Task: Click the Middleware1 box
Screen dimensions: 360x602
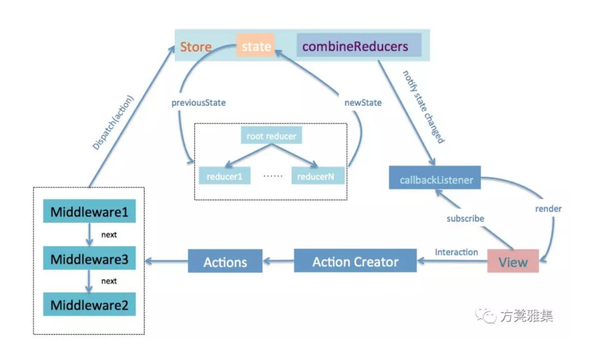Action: coord(89,212)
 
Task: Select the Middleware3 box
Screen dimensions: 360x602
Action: coord(89,258)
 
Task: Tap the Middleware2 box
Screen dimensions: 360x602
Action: coord(89,304)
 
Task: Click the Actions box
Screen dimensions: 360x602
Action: coord(225,262)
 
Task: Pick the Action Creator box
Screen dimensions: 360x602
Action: coord(355,261)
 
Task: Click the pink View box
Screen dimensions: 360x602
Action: coord(513,262)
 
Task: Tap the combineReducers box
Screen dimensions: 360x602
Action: coord(359,46)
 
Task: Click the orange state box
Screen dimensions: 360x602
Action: coord(255,46)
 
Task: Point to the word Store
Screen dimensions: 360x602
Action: coord(196,47)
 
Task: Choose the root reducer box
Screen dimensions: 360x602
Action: coord(271,135)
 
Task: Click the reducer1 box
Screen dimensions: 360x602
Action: coord(225,176)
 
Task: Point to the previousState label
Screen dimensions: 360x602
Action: coord(199,103)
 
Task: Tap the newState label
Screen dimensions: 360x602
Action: coord(363,103)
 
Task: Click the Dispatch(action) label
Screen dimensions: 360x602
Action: coord(113,122)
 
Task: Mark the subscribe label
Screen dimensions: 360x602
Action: coord(465,219)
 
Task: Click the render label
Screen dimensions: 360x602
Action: coord(548,209)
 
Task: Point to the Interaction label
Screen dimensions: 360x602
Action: coord(456,252)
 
